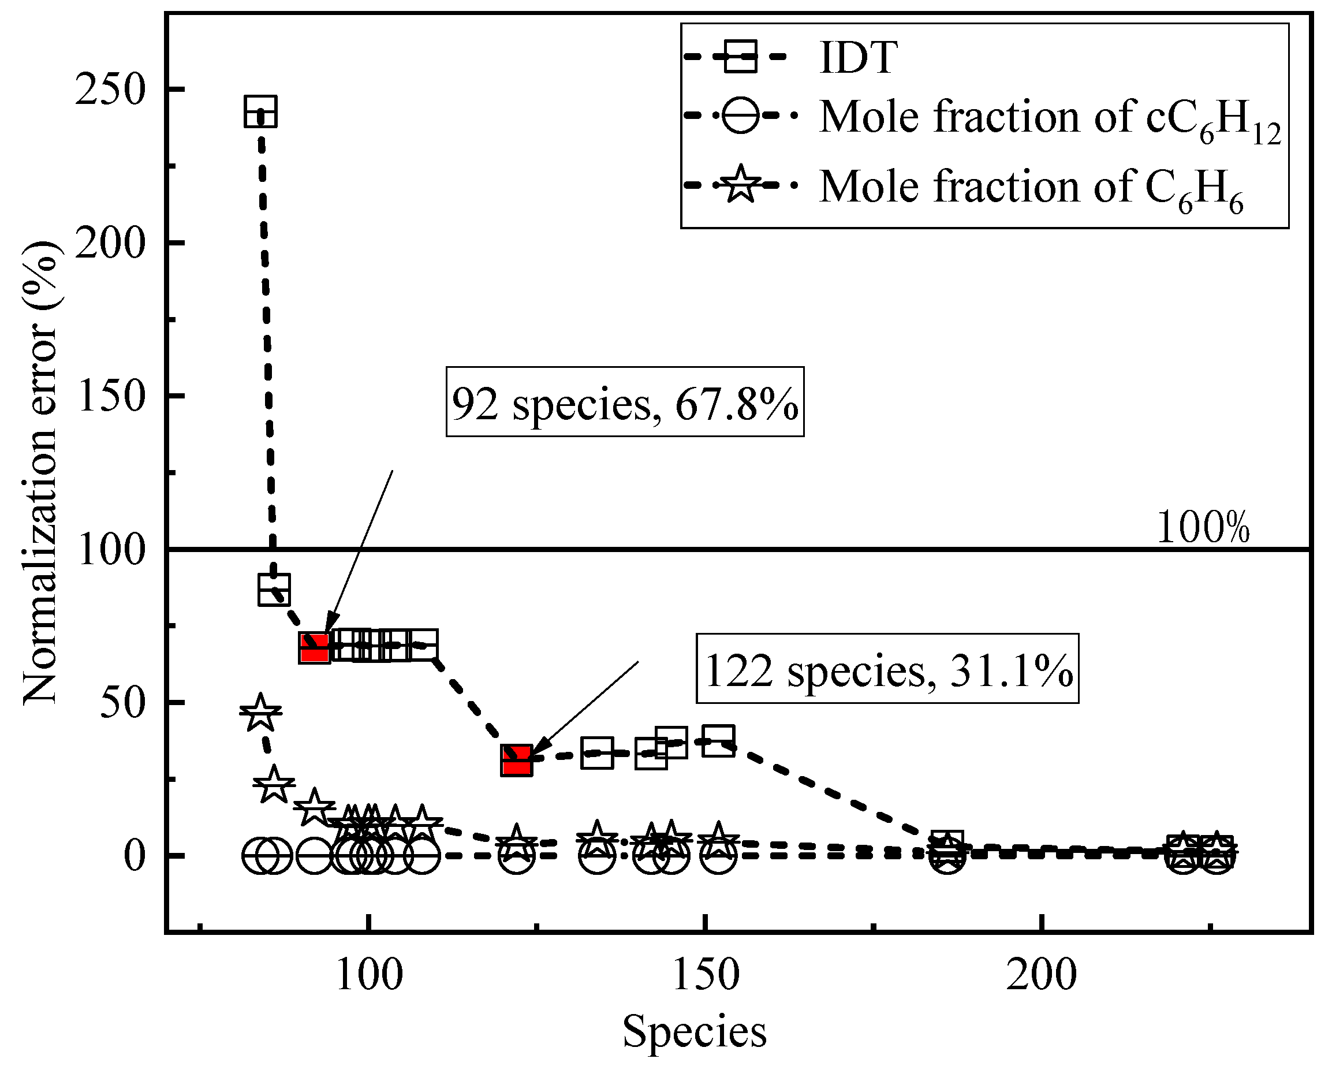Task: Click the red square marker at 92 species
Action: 315,648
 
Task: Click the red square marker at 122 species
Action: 517,760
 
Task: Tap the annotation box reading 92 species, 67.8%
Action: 625,402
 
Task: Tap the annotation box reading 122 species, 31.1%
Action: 887,669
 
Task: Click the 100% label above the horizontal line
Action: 1202,528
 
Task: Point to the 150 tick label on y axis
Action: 109,396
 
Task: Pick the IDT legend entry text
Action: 857,58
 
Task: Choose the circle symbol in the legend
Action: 740,115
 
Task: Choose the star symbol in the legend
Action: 740,185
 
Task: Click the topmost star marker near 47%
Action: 260,713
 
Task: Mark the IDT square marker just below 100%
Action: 274,589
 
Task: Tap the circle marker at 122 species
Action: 517,856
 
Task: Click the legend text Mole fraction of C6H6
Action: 1031,187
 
